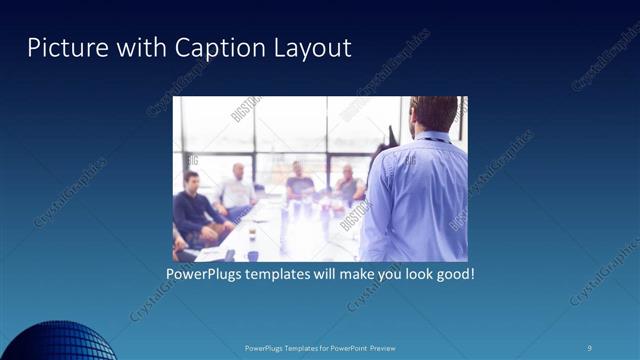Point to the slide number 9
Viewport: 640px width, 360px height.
click(x=589, y=347)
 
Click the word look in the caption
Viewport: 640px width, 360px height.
click(x=412, y=272)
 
